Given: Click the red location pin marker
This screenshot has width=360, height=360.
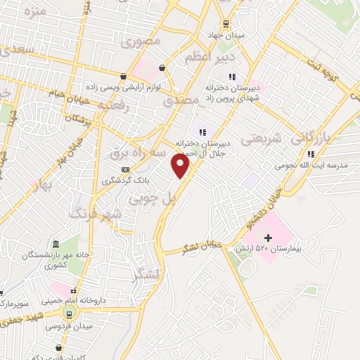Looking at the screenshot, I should coord(181,165).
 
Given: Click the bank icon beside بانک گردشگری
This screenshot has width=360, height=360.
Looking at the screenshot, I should coord(125,169).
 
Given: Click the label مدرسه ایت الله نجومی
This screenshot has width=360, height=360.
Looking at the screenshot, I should coord(314,166).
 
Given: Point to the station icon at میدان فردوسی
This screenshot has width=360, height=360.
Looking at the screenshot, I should coord(68,314).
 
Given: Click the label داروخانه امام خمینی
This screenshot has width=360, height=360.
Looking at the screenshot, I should coord(77,299).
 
